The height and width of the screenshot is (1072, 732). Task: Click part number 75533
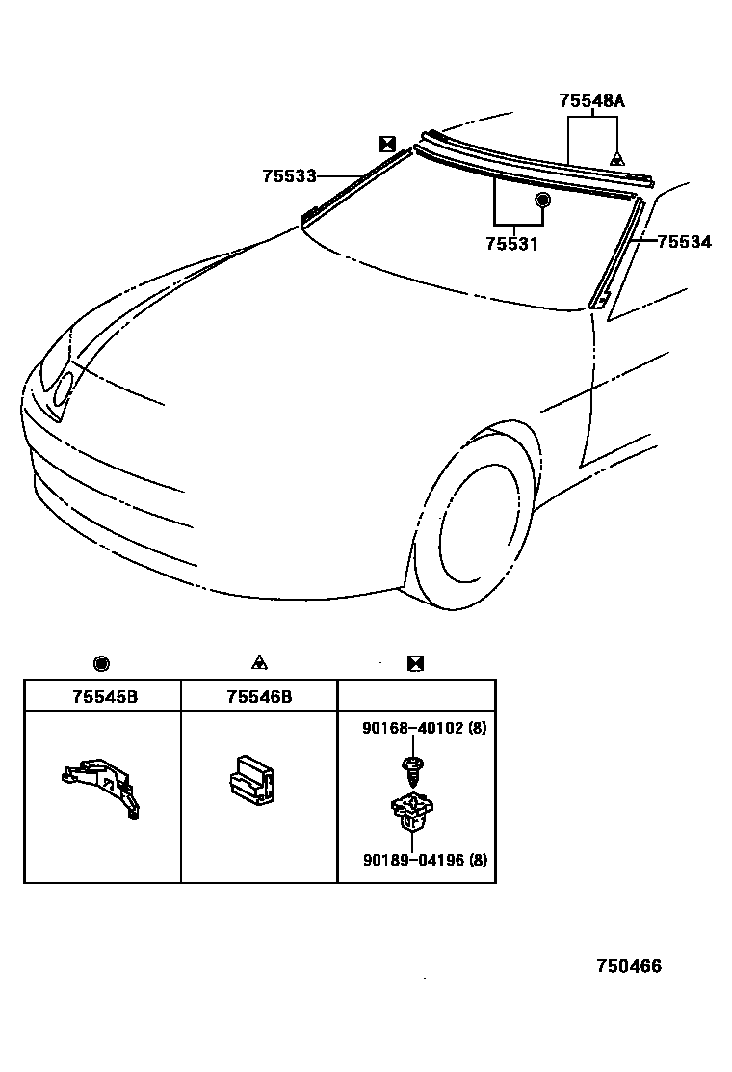289,176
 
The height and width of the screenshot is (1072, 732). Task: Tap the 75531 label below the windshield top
511,244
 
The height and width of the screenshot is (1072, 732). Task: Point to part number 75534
684,242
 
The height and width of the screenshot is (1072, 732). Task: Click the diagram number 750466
629,967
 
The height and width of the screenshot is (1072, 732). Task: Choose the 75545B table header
104,696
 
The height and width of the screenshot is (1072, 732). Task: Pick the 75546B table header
259,696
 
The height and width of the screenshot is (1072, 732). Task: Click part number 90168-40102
408,729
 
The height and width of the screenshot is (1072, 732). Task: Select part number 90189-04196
409,861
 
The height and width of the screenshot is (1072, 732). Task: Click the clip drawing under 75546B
250,777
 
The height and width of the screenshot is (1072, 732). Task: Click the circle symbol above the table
102,663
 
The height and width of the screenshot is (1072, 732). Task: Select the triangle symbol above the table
259,662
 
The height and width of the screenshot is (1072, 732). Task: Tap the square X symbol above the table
416,663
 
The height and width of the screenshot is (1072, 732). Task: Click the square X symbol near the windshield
387,144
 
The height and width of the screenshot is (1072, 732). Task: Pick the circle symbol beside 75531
542,201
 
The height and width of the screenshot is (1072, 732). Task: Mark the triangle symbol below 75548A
617,158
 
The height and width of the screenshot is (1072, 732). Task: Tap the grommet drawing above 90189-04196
414,810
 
